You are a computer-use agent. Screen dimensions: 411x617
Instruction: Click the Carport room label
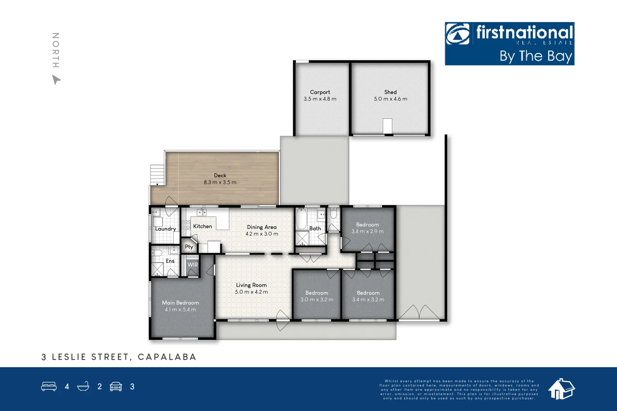320,92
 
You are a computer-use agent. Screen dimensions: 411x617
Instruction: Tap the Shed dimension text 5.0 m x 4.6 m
390,99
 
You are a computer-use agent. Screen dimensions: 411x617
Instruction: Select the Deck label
220,175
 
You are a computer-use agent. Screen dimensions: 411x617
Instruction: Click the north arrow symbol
56,80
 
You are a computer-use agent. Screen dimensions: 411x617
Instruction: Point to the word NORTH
56,50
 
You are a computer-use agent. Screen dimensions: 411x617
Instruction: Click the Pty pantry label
189,247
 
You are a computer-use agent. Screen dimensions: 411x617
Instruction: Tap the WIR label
193,264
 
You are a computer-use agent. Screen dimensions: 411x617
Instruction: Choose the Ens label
170,261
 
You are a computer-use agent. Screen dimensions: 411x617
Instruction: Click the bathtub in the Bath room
301,218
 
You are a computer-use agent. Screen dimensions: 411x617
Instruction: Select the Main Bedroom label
181,303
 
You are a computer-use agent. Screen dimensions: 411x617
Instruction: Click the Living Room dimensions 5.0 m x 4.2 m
251,292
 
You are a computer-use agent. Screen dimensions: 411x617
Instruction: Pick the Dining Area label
262,227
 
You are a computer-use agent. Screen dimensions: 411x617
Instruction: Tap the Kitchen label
203,226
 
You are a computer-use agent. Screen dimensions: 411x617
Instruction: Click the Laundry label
166,229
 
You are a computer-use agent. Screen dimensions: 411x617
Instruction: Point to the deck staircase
157,175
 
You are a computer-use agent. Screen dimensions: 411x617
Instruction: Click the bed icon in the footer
49,387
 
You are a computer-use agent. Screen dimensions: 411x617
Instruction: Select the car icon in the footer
116,387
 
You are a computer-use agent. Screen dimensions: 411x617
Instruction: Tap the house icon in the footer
561,389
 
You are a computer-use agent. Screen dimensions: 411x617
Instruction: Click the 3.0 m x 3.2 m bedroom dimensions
317,299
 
